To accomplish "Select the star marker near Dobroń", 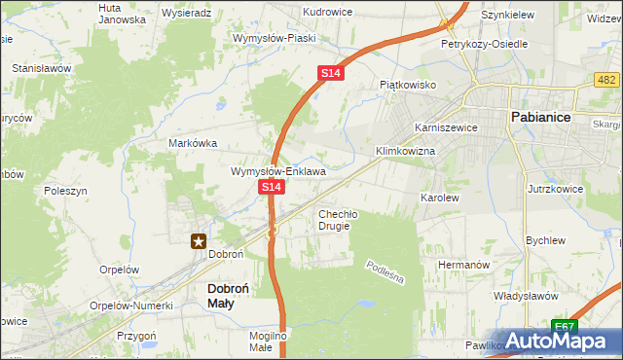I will coord(199,241).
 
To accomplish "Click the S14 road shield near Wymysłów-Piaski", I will coord(330,73).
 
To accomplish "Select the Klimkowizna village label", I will coord(405,153).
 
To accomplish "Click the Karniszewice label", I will coord(444,127).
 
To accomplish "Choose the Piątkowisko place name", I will coord(407,85).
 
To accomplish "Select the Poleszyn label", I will coord(66,192).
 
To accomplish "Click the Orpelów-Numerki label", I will coord(124,304).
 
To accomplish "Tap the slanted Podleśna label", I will coord(385,272).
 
